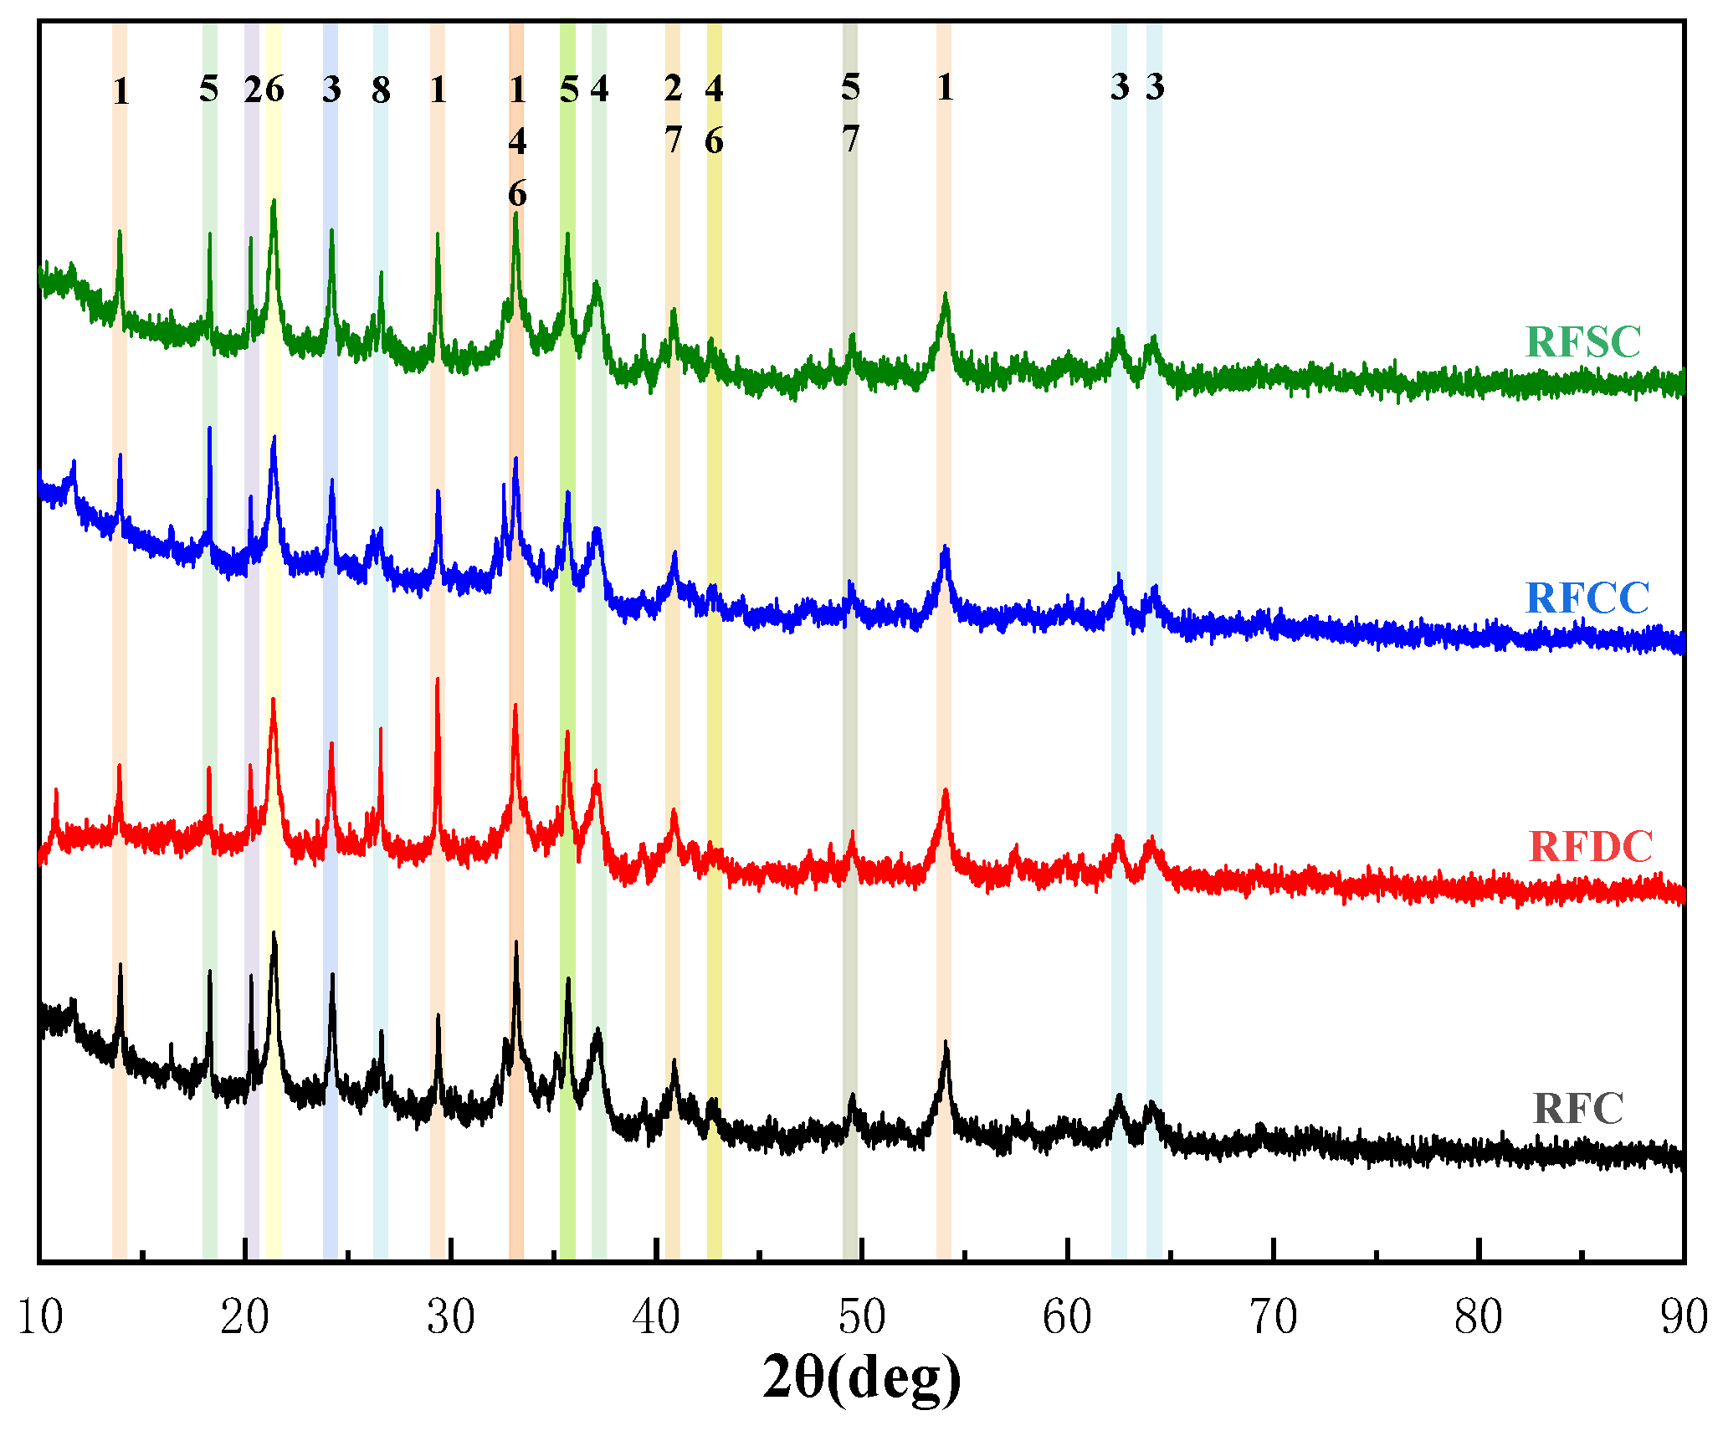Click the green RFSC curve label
coord(1582,341)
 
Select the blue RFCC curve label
coord(1587,598)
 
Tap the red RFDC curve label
coord(1590,847)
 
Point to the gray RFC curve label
coord(1577,1109)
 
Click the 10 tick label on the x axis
coord(39,1317)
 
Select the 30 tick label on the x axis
coord(450,1317)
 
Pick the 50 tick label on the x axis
coord(862,1317)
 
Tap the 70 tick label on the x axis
coord(1273,1317)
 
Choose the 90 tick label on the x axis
coord(1684,1317)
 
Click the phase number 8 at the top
coord(381,90)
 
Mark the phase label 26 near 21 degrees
coord(264,89)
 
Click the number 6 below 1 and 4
coord(517,194)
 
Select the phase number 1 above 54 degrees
coord(945,87)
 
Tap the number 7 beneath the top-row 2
coord(673,141)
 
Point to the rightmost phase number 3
coord(1155,86)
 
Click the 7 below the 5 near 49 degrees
coord(850,140)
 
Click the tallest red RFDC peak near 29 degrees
coord(437,680)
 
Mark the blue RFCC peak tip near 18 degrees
coord(209,428)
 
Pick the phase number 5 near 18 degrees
coord(208,88)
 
